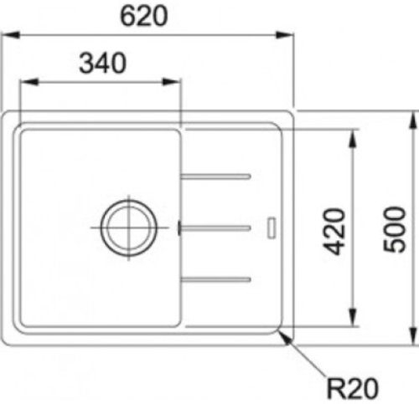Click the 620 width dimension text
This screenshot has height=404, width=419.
144,16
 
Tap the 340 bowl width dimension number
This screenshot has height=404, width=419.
102,63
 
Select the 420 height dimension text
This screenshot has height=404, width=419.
334,232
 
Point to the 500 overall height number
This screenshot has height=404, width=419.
395,229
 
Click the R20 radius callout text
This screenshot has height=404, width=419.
353,388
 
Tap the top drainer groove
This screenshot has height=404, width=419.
215,176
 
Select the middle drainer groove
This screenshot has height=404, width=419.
215,228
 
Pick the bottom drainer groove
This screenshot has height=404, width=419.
215,279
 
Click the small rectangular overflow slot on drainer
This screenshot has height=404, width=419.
272,228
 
